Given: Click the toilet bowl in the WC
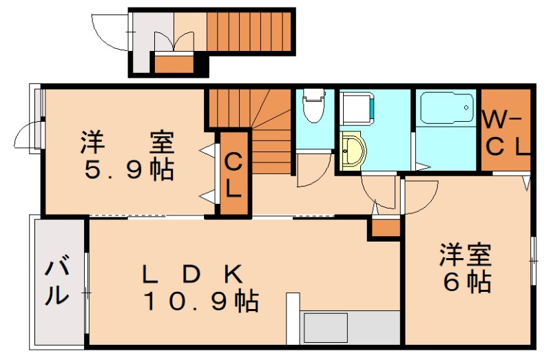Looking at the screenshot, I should point(313,107).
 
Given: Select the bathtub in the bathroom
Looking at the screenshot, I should point(446,108).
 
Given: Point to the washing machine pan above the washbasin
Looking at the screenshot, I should point(356,110).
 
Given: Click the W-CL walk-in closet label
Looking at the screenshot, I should point(505,133).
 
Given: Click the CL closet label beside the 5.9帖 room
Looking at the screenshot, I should point(233,175).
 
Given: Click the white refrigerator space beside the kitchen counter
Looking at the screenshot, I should point(293,318).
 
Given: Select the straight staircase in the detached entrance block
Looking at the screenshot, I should point(249,32).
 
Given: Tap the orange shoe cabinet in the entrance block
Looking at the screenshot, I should point(174,64).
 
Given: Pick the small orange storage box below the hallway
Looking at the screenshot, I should point(385,228).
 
